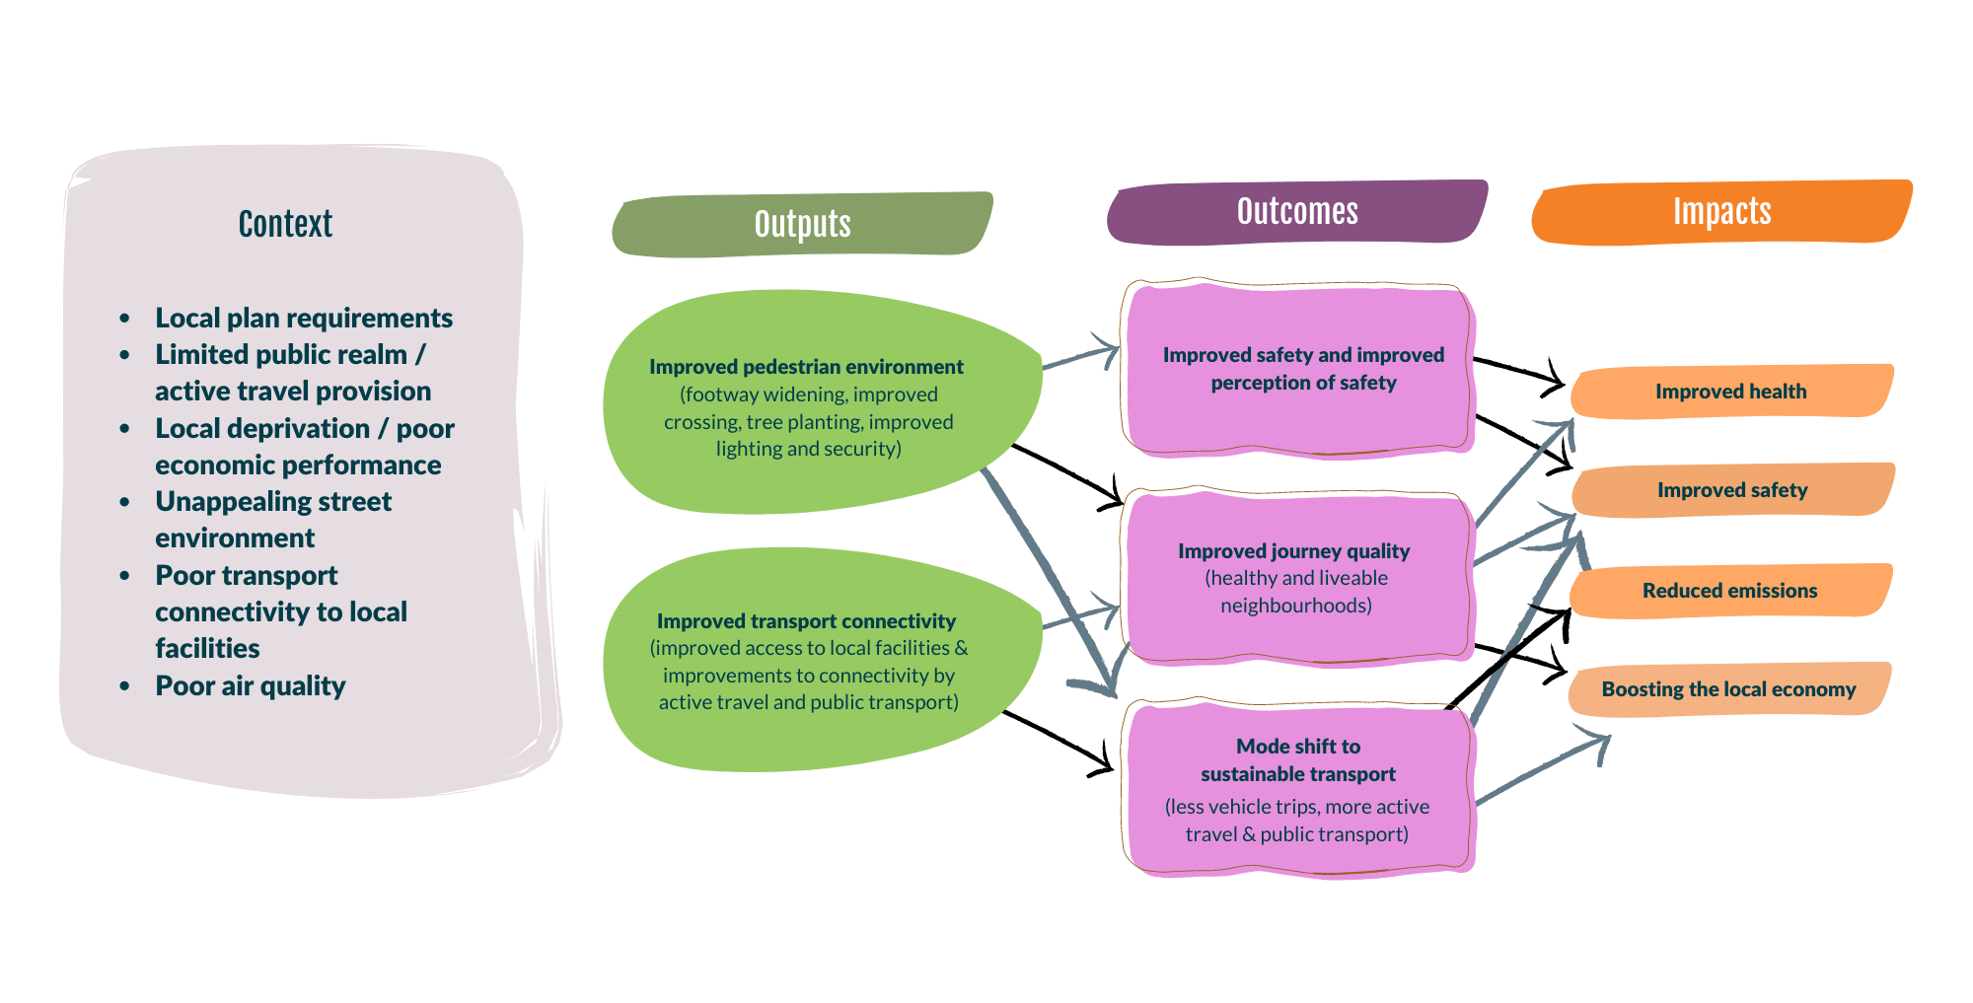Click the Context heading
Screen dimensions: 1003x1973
click(285, 224)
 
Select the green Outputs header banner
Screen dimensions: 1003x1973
click(802, 224)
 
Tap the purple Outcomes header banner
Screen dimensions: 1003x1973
click(1297, 211)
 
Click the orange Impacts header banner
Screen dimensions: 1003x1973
click(1721, 211)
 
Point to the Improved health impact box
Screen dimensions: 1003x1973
click(1730, 392)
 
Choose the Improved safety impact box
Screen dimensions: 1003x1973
click(1732, 490)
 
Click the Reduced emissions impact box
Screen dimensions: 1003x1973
click(1729, 591)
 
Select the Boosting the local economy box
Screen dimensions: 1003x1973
click(1728, 689)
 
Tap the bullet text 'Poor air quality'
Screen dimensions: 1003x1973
click(251, 685)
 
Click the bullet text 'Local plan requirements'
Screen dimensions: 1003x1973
click(304, 318)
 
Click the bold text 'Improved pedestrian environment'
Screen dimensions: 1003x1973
click(806, 367)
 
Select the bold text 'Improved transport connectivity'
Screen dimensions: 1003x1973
click(806, 621)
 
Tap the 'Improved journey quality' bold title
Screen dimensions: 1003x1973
click(1293, 551)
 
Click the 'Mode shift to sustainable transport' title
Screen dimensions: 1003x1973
click(1298, 760)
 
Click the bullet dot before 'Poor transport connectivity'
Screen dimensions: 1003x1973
click(124, 576)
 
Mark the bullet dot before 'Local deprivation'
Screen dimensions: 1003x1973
click(124, 429)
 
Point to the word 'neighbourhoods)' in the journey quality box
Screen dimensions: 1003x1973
click(1296, 606)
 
